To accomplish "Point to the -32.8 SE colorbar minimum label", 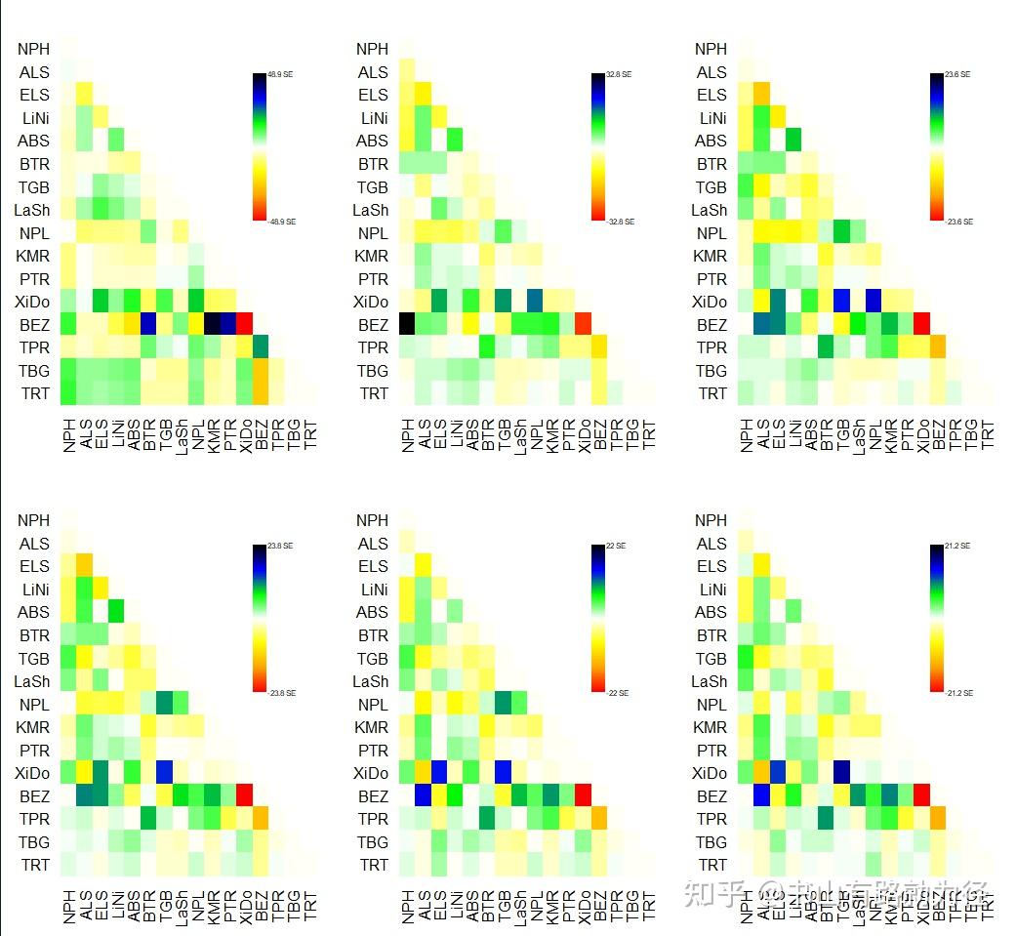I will (x=622, y=222).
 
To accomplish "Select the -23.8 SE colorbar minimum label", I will (x=281, y=693).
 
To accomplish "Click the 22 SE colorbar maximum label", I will (x=617, y=547).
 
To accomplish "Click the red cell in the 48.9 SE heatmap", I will (x=244, y=324).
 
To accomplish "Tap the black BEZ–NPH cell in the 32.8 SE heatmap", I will (x=408, y=324).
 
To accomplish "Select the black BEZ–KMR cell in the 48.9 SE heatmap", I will (x=212, y=324).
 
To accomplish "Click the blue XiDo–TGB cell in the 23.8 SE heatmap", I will (x=164, y=773).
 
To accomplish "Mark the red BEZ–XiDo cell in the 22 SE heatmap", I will (x=584, y=795).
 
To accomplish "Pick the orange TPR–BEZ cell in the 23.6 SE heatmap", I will (x=938, y=346).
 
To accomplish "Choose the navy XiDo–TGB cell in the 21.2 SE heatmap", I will (x=842, y=773).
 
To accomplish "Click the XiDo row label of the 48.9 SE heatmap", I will (x=34, y=302).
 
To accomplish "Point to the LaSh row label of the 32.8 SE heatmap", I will (x=371, y=210).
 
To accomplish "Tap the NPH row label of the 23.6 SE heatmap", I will (x=711, y=49).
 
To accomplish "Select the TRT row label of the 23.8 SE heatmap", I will (x=34, y=865).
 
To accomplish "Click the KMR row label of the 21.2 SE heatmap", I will (x=712, y=727).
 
